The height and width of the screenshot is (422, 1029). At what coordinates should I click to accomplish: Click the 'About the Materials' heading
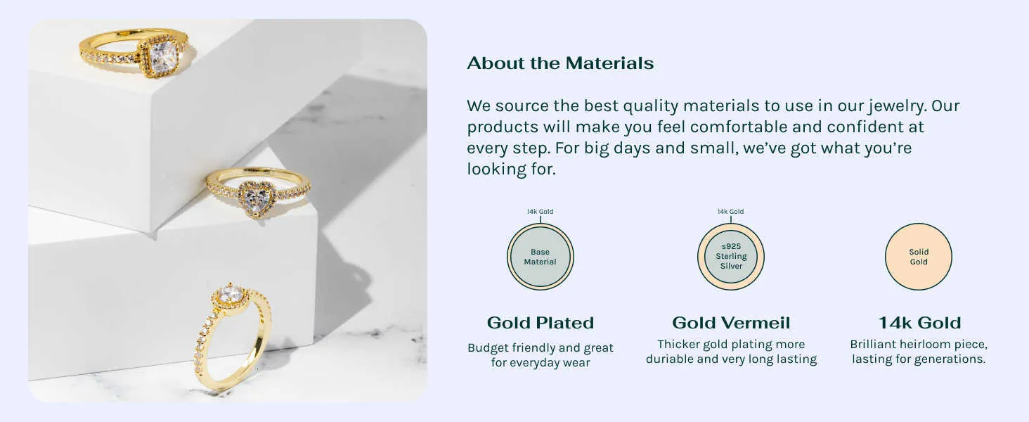tap(560, 63)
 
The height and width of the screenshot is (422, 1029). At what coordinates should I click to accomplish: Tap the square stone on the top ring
tap(163, 56)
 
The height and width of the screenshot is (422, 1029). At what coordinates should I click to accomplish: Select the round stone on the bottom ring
tap(230, 293)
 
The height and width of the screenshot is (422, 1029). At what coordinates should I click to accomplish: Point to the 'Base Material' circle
tap(541, 257)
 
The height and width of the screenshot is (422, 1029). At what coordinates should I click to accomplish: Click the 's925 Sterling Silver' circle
tap(731, 257)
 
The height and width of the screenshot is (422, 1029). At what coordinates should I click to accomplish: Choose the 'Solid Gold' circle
tap(918, 257)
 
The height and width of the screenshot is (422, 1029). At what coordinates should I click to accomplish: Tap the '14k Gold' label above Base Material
tap(541, 212)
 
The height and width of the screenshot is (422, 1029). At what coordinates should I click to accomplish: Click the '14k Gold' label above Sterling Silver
tap(730, 212)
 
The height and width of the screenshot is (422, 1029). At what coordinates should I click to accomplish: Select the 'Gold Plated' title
tap(541, 323)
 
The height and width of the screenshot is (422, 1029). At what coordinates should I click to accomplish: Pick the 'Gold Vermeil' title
tap(731, 323)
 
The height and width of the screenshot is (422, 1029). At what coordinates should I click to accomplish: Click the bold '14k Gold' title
tap(919, 323)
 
